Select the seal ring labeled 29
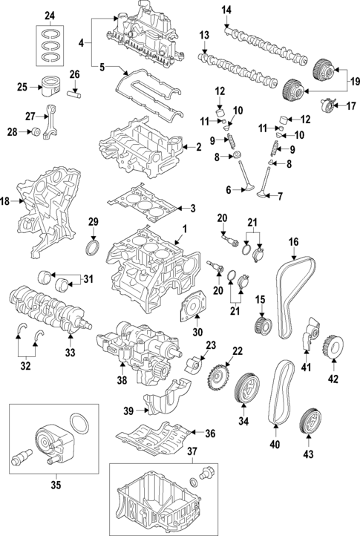coord(94,246)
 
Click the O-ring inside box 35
coord(79,427)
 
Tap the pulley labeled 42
coord(333,347)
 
